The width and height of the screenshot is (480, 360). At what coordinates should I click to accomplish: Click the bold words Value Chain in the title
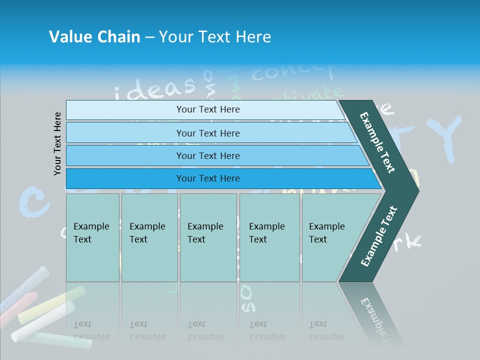click(x=94, y=37)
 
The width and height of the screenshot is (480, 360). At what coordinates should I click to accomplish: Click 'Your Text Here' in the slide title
click(x=215, y=37)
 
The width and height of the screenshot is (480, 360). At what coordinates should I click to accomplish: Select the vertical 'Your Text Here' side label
click(x=57, y=143)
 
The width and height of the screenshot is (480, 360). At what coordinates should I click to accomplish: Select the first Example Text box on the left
click(x=92, y=237)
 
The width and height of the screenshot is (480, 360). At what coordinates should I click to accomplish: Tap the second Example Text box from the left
click(x=149, y=237)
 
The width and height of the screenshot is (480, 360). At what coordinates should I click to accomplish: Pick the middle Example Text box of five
click(x=207, y=237)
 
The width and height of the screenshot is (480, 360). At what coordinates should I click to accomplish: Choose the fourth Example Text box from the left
click(x=269, y=237)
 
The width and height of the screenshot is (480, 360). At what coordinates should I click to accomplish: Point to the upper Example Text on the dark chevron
click(x=378, y=142)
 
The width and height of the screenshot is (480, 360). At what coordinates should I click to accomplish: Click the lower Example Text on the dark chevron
click(x=379, y=236)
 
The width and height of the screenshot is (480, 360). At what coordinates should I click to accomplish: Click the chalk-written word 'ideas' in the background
click(x=155, y=89)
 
